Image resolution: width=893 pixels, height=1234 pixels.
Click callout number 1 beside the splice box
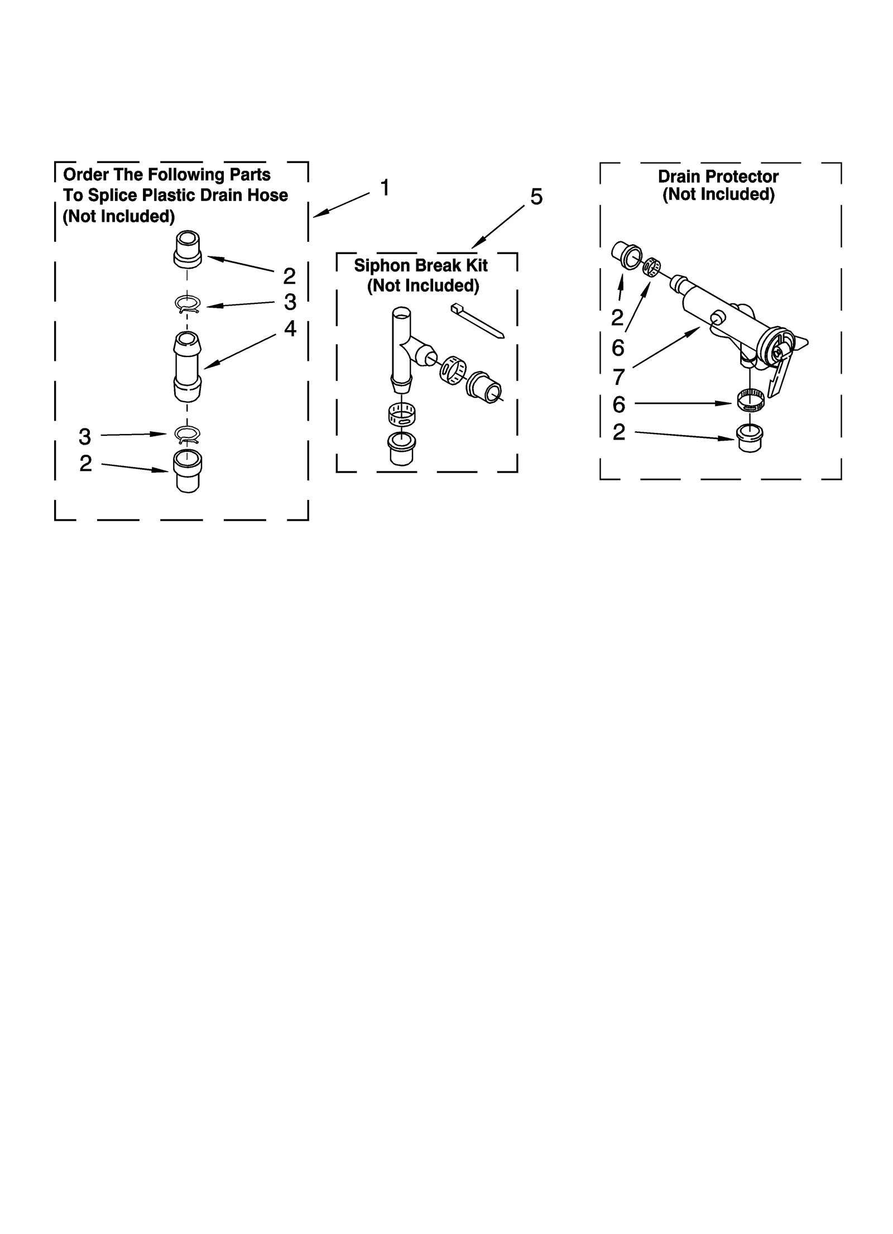(384, 188)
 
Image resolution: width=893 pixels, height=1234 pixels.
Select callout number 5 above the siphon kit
(536, 197)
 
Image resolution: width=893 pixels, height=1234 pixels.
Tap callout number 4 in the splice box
(290, 328)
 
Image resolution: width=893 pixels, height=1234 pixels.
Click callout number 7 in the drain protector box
(618, 378)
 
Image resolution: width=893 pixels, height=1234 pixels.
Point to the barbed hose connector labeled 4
(188, 366)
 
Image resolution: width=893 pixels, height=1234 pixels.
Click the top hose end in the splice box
(188, 248)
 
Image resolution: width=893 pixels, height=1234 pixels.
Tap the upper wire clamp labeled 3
(188, 304)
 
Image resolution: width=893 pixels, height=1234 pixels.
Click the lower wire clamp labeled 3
(188, 433)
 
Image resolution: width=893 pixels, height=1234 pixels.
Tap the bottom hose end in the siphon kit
(401, 447)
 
